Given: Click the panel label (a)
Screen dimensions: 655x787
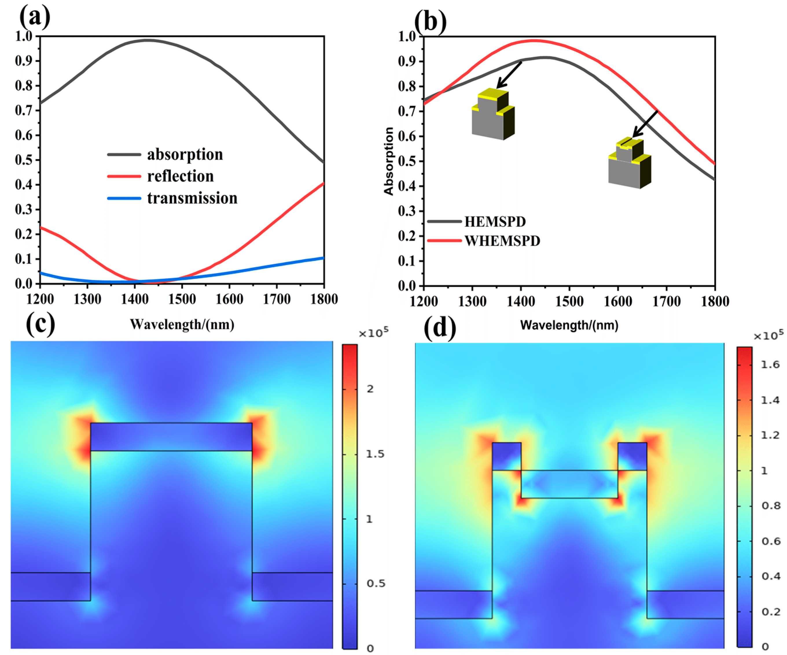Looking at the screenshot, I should (34, 17).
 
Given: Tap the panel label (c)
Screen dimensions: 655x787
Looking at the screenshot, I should (40, 324).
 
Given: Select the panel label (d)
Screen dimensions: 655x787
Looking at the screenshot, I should (440, 328).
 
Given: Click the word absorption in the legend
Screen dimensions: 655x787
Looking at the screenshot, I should (185, 154).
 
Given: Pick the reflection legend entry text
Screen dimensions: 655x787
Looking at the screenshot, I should (180, 176).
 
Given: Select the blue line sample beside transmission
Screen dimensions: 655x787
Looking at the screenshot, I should (124, 198).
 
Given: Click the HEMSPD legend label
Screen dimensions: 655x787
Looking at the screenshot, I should (495, 222).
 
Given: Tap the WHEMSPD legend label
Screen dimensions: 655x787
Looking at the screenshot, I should (502, 241).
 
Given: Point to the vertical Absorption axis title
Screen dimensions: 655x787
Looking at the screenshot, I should (389, 161).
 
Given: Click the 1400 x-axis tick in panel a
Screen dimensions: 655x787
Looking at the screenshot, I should (135, 299).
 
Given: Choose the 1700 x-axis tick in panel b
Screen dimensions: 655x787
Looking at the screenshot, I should (666, 301).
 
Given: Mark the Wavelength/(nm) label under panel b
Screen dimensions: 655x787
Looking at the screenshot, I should (569, 325).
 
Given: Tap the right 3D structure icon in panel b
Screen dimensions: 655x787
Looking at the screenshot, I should (630, 164).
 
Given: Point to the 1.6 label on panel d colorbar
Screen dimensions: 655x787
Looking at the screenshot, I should (771, 365).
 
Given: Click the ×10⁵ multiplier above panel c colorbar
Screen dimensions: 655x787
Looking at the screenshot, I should (373, 333).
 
